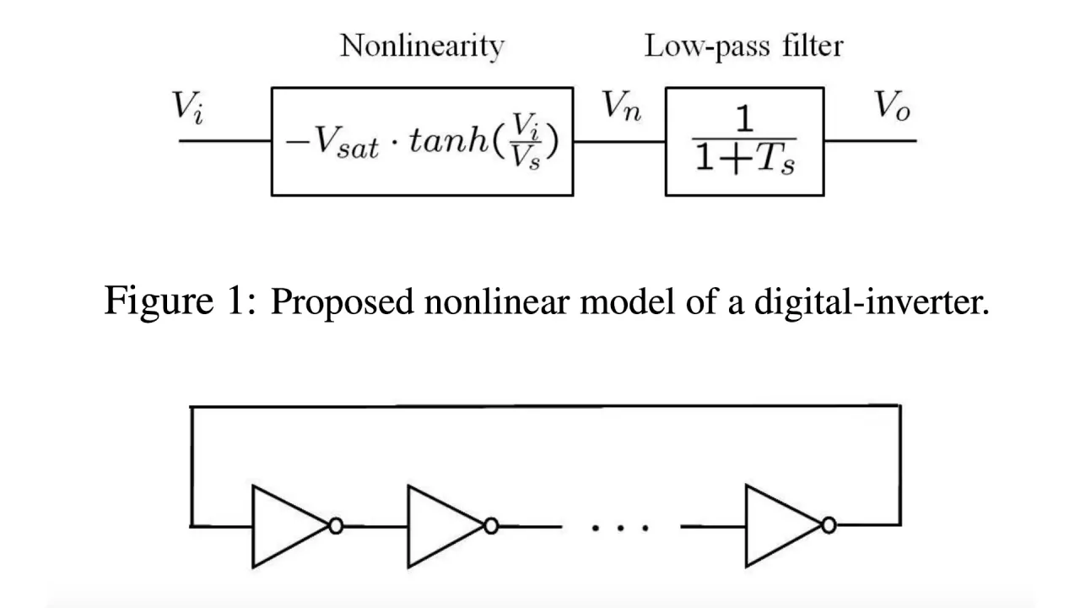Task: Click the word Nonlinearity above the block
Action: [x=422, y=46]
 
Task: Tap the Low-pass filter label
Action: [x=743, y=46]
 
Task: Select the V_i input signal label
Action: [x=187, y=106]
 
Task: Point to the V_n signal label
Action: [x=620, y=106]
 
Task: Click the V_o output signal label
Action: [x=892, y=106]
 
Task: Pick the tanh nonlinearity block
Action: [x=422, y=142]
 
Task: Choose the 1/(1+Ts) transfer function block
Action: [x=744, y=142]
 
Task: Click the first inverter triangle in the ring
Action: [x=287, y=525]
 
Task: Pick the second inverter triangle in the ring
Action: [x=442, y=525]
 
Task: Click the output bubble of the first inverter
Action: [x=336, y=525]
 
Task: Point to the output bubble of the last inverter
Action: [x=829, y=525]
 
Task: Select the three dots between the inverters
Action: [x=620, y=527]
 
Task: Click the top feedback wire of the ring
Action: [x=545, y=407]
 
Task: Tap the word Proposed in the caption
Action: [x=343, y=302]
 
